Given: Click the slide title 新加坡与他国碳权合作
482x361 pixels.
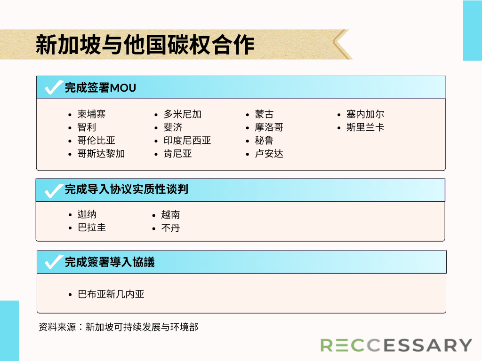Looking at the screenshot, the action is click(x=145, y=45).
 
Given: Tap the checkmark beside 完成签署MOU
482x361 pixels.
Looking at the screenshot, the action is click(x=54, y=87).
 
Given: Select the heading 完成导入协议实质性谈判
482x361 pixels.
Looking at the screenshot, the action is click(x=126, y=189).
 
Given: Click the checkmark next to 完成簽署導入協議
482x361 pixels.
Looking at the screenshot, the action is click(x=54, y=262).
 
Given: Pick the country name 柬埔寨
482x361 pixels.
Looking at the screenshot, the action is click(x=92, y=114).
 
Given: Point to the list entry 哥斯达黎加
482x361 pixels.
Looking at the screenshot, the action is click(x=101, y=154).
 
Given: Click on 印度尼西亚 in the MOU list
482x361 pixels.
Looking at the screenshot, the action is click(x=187, y=140).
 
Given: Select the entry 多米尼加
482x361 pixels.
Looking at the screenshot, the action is click(x=183, y=114).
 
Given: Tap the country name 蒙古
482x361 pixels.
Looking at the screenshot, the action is click(x=264, y=114).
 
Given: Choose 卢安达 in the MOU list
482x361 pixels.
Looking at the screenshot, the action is click(x=269, y=154).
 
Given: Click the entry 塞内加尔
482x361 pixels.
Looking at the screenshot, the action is click(x=365, y=114).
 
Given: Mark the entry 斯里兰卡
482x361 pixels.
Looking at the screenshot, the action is click(x=365, y=127).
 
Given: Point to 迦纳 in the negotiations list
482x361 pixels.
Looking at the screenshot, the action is click(x=87, y=214).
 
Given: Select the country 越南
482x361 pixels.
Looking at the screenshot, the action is click(x=170, y=214).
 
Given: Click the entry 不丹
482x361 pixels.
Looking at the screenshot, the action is click(x=170, y=228).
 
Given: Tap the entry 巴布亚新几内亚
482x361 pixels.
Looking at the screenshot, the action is click(x=111, y=294).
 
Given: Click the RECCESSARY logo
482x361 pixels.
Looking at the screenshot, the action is click(x=396, y=345).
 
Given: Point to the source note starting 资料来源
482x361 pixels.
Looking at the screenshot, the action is click(x=118, y=327).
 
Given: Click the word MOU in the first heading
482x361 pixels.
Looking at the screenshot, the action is click(x=123, y=88).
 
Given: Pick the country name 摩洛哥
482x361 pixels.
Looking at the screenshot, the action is click(x=269, y=127).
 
